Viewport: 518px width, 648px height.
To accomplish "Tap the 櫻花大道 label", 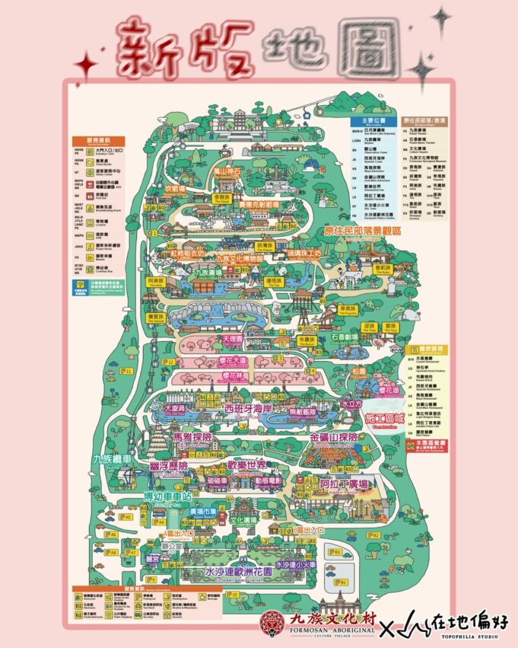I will [x=233, y=359].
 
